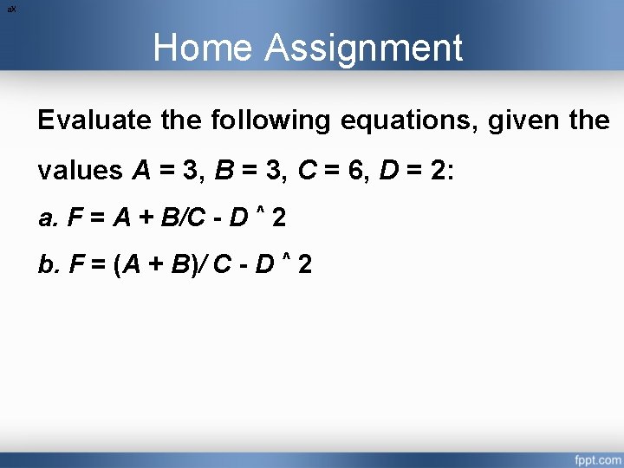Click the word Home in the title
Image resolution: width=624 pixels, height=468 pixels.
[204, 48]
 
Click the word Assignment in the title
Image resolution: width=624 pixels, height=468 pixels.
[364, 49]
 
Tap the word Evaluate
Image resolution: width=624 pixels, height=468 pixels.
[95, 120]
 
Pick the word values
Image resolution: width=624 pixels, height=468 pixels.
[80, 170]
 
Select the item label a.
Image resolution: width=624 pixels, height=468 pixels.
[48, 218]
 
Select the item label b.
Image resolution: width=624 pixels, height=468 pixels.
[48, 264]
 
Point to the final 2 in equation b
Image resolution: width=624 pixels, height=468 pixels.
[304, 264]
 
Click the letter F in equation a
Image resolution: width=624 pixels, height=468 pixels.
[74, 218]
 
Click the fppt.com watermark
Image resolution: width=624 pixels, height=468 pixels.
[596, 457]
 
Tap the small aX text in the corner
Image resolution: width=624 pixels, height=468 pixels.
[11, 8]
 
